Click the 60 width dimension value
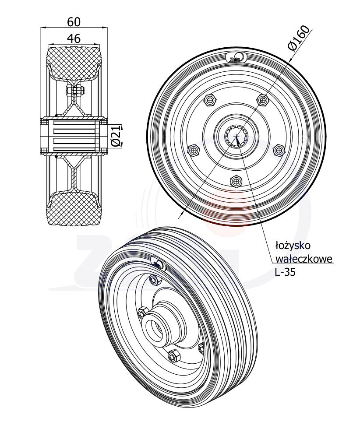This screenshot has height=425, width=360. click(x=74, y=21)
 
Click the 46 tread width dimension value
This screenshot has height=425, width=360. click(x=74, y=39)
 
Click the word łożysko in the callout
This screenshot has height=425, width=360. click(x=293, y=244)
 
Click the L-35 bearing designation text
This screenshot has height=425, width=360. click(x=285, y=272)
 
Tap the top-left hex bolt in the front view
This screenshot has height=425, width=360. click(x=210, y=100)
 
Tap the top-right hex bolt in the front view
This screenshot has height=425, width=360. click(x=262, y=100)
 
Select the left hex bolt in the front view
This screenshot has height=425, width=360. click(x=193, y=151)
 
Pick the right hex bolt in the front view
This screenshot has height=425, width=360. click(x=279, y=151)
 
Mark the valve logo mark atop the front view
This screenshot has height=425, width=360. click(x=236, y=58)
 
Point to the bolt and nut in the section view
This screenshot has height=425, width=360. click(x=75, y=91)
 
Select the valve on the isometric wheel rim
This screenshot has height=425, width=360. click(x=158, y=264)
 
